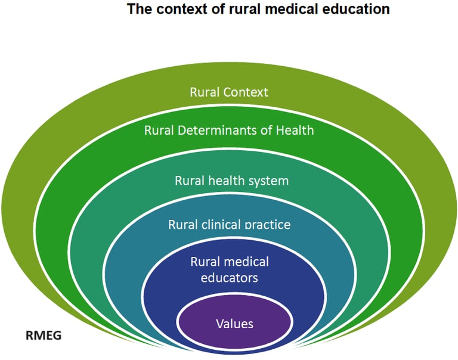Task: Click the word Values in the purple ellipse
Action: [x=234, y=324]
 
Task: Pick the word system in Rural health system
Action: [x=268, y=181]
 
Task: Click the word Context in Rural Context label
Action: [x=246, y=92]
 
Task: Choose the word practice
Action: [x=265, y=225]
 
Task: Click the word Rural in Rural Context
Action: [x=205, y=92]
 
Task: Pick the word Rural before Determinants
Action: [x=159, y=130]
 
